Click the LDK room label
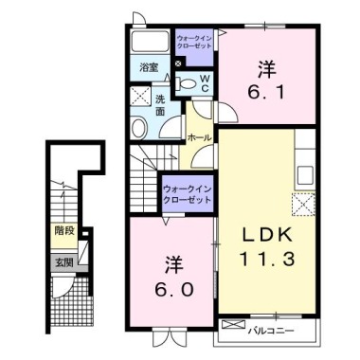point(267,235)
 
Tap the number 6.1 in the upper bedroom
point(267,92)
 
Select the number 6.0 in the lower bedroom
point(173,290)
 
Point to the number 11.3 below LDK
point(267,259)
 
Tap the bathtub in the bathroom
point(150,42)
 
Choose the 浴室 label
point(149,67)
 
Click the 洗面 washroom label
point(160,105)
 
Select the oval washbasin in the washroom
point(139,129)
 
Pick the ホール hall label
point(199,137)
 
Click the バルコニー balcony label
point(271,331)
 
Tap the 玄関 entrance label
point(64,262)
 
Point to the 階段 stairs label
point(64,231)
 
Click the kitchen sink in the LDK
point(305,174)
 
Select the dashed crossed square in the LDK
point(303,204)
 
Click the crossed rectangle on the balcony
point(233,324)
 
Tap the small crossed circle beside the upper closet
point(178,63)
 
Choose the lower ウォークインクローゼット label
point(187,194)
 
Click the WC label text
point(205,83)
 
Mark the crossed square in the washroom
point(140,97)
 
